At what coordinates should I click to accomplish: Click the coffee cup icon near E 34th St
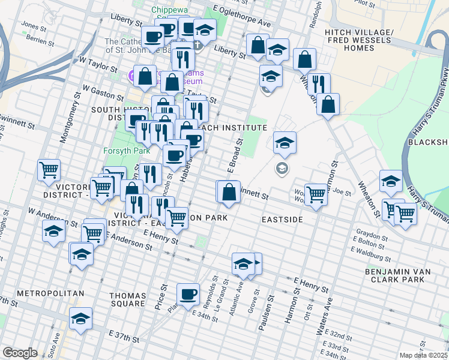click(x=188, y=294)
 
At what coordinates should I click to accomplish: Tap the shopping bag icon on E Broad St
click(x=229, y=193)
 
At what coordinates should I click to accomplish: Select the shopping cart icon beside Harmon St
click(x=316, y=194)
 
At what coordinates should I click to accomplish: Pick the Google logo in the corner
click(x=20, y=353)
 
